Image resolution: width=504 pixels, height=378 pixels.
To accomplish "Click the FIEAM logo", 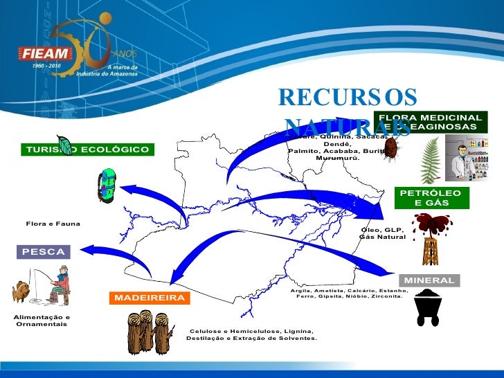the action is (x=47, y=53).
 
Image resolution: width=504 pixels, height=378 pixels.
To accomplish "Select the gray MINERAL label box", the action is (x=429, y=280).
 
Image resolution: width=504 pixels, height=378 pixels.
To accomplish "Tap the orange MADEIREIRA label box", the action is (x=149, y=298).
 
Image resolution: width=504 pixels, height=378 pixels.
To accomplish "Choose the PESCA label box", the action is (x=43, y=252).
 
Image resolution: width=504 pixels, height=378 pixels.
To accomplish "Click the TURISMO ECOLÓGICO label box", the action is (x=87, y=150).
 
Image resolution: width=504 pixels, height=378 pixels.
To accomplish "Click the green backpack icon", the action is (x=108, y=185).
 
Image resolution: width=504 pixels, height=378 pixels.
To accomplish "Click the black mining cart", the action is (x=428, y=307).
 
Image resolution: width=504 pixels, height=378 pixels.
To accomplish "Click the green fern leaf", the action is (x=431, y=161).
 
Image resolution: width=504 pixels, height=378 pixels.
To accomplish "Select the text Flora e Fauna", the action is (x=53, y=224).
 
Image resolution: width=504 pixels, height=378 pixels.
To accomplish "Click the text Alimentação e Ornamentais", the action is (x=42, y=321).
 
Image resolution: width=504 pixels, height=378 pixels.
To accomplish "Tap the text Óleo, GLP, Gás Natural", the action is (x=382, y=233).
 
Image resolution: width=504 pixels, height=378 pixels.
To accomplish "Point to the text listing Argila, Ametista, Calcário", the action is (x=350, y=294).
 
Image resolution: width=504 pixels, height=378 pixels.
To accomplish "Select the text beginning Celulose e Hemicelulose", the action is (x=252, y=335).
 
